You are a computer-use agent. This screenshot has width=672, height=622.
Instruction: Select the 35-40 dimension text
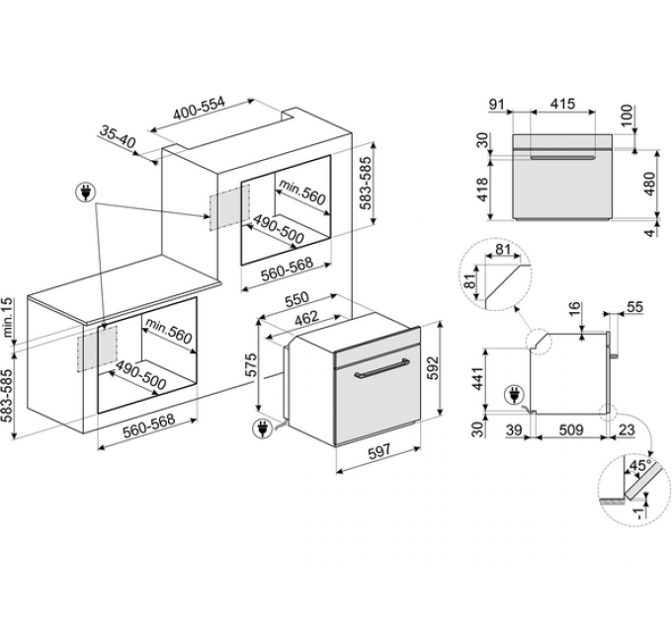pos(118,135)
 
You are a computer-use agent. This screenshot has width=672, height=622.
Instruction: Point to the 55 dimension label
pos(633,308)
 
